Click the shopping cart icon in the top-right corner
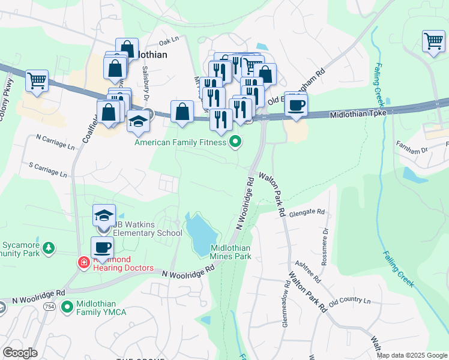(432, 41)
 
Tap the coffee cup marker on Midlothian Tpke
(295, 106)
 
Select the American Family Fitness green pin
(235, 142)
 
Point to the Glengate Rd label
(306, 212)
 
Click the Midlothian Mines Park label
(231, 252)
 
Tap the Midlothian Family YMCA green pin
(67, 307)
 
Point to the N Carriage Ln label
(56, 142)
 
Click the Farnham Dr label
(411, 147)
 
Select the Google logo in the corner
(20, 353)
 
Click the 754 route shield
(47, 307)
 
